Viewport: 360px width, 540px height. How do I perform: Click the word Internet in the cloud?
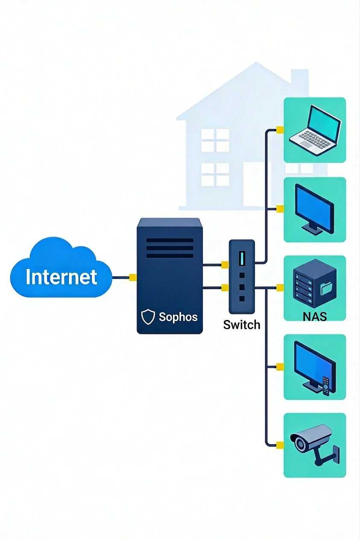pyautogui.click(x=61, y=276)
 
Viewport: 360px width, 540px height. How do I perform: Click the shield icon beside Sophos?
pyautogui.click(x=148, y=317)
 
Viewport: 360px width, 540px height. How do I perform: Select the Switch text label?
pyautogui.click(x=242, y=325)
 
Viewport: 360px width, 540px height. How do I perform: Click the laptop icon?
pyautogui.click(x=315, y=130)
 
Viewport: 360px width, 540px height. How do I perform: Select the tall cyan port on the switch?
pyautogui.click(x=242, y=258)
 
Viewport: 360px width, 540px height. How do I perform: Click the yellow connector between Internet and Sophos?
pyautogui.click(x=133, y=277)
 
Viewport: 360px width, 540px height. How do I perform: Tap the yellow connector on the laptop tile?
pyautogui.click(x=280, y=130)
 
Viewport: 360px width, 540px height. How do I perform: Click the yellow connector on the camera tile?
pyautogui.click(x=280, y=445)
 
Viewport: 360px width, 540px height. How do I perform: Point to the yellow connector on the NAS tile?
pyautogui.click(x=280, y=288)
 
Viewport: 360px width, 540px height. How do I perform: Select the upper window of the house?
pyautogui.click(x=215, y=140)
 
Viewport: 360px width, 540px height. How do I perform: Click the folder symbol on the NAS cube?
pyautogui.click(x=327, y=289)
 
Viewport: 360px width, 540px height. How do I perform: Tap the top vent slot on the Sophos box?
pyautogui.click(x=170, y=241)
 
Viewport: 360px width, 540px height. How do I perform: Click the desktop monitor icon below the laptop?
pyautogui.click(x=315, y=209)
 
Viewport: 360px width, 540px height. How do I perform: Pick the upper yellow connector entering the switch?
pyautogui.click(x=225, y=265)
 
